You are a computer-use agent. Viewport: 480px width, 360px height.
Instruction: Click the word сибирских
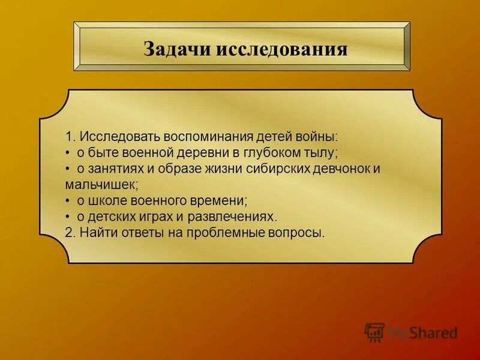(276, 168)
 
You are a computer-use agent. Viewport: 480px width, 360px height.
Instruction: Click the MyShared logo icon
(375, 332)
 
